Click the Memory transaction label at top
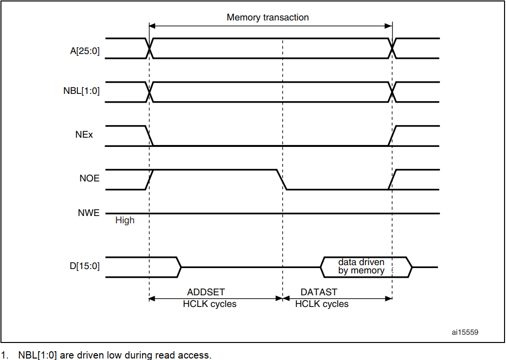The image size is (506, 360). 268,18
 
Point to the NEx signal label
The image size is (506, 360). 84,134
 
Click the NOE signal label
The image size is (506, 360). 89,179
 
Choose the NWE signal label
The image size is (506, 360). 89,213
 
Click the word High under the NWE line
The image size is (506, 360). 125,220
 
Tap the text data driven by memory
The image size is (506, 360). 361,267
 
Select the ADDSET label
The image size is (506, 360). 206,292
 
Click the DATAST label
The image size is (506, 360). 319,292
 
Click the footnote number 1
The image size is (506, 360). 4,355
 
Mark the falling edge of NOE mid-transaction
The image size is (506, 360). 281,180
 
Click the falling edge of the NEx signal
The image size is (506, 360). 149,136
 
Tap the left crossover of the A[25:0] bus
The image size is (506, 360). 149,48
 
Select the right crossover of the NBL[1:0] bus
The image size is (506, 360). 392,91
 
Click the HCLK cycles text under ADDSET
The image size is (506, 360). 210,304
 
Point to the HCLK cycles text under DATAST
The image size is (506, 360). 322,304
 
